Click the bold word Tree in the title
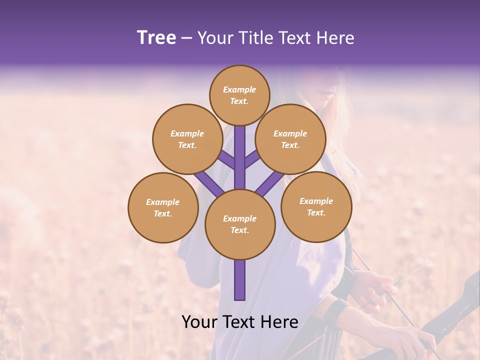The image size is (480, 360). tap(156, 38)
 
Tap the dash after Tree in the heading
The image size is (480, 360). tap(186, 38)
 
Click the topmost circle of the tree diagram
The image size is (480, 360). tap(240, 95)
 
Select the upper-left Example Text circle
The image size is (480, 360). tap(187, 139)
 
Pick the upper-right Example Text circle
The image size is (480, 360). tap(290, 139)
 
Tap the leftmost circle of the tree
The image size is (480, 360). tap(163, 207)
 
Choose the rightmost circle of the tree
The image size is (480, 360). tap(316, 206)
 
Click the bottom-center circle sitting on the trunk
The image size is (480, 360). tap(240, 224)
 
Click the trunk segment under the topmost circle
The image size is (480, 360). tap(240, 150)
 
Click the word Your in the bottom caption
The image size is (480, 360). tap(200, 322)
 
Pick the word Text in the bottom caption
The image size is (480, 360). tap(241, 322)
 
